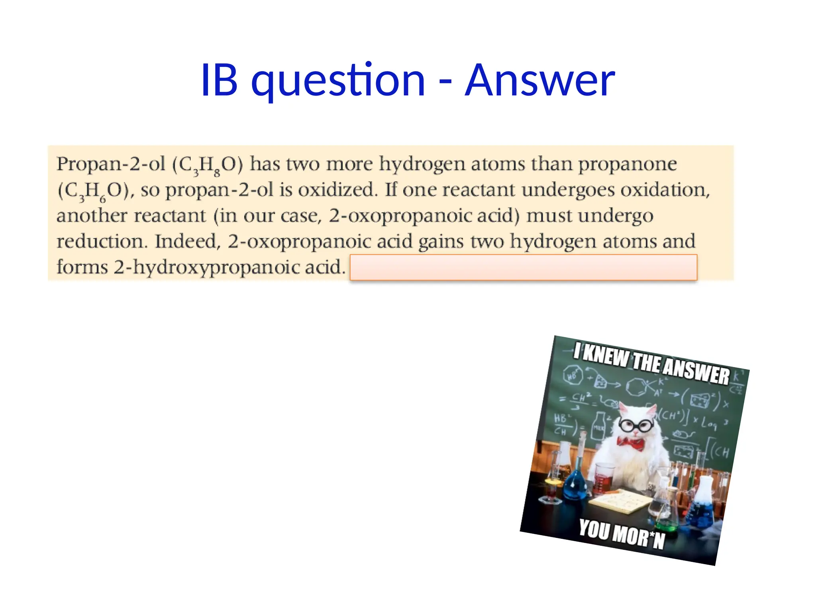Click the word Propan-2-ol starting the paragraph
click(111, 165)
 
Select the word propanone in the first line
click(628, 165)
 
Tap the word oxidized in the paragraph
click(337, 190)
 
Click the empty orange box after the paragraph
click(523, 267)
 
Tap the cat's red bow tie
click(631, 443)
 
